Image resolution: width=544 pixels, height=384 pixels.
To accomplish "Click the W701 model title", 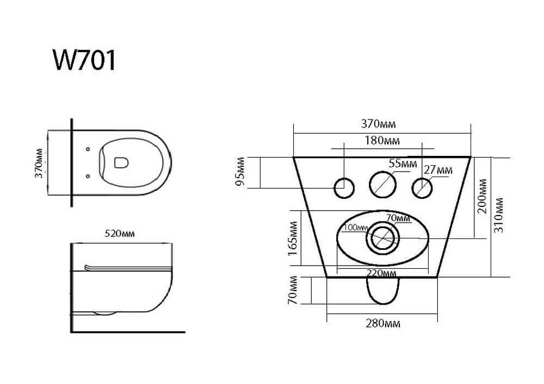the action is pos(84,60).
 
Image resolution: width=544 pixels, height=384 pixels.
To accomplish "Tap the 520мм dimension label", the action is pos(120,234).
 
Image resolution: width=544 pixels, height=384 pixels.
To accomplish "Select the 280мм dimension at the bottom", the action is pos(383,323).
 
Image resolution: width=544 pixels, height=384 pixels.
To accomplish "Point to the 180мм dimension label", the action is pos(382,141).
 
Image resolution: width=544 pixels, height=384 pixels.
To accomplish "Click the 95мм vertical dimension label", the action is pos(240,172).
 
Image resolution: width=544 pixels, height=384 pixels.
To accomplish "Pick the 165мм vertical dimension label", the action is pos(293,238).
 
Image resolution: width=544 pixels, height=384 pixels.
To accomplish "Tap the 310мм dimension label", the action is pos(498,215).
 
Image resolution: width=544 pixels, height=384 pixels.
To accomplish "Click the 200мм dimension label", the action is pos(482,196).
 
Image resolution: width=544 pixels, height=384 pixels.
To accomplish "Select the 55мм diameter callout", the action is pos(403,163).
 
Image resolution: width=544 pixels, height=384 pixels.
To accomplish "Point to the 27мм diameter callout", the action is pos(438,170).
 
